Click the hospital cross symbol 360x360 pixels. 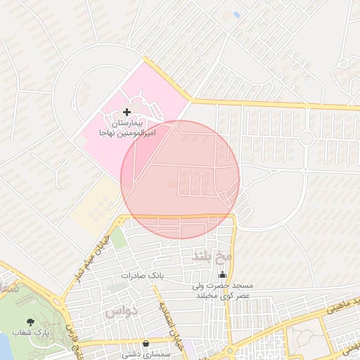(127, 112)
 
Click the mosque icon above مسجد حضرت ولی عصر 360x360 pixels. (224, 274)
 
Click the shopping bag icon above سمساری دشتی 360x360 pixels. (146, 343)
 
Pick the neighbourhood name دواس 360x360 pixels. (121, 310)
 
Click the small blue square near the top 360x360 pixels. (237, 15)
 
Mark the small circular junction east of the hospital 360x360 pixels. (307, 138)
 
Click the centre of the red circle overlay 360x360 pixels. (180, 180)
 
